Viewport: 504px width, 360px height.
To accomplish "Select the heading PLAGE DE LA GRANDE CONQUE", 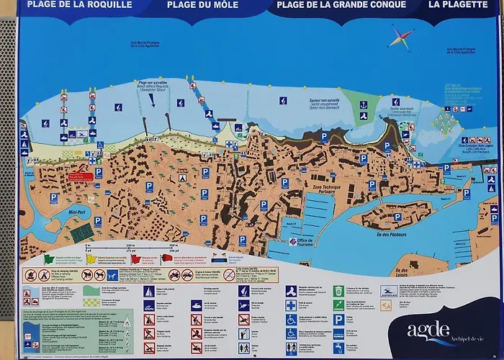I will pyautogui.click(x=339, y=4).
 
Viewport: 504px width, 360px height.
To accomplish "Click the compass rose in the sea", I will pyautogui.click(x=401, y=36).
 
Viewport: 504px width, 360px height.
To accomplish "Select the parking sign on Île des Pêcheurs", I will pyautogui.click(x=397, y=217).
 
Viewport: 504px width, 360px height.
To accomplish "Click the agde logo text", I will pyautogui.click(x=429, y=330).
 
